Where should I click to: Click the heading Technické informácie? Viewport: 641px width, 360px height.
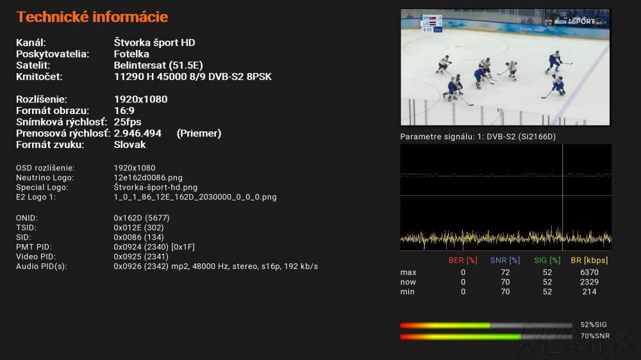click(92, 17)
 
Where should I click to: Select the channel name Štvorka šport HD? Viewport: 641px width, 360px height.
click(154, 42)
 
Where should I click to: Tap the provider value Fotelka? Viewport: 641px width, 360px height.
click(131, 54)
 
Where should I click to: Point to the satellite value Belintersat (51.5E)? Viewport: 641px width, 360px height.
click(158, 65)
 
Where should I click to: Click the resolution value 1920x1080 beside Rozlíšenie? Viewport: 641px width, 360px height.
click(140, 99)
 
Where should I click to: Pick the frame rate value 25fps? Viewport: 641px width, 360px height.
click(128, 122)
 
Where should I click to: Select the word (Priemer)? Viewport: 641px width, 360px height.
click(199, 133)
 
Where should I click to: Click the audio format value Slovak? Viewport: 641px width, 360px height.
click(129, 145)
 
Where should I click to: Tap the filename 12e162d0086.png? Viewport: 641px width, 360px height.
click(148, 177)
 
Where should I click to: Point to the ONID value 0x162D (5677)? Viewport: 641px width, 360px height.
click(142, 218)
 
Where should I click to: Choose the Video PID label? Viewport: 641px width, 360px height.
click(36, 257)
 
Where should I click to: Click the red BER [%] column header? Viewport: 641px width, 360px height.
click(463, 260)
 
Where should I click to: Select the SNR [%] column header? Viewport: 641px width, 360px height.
click(505, 260)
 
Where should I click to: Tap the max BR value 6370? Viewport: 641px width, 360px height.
click(589, 272)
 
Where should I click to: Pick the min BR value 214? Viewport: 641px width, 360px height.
click(589, 291)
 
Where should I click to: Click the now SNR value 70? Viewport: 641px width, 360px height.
click(505, 282)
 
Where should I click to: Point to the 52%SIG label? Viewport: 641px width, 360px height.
click(594, 325)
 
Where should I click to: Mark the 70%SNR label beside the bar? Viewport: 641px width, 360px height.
click(595, 336)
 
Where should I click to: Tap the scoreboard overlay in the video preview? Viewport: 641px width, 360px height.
click(431, 24)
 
